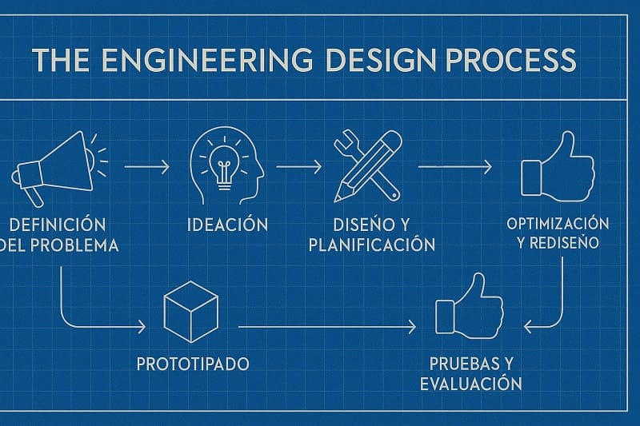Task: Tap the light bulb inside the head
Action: coord(223,167)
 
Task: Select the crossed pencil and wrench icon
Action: coord(367,166)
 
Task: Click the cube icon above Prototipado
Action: coord(191,312)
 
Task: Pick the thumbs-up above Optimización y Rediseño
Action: coord(558,167)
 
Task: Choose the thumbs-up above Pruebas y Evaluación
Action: coord(470,306)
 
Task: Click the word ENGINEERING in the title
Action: coord(207,60)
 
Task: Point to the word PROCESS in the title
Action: coord(510,60)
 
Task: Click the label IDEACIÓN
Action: coord(228,225)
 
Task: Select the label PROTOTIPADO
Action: coord(193,364)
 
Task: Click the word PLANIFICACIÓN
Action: coord(372,245)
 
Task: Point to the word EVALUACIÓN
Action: coord(471,383)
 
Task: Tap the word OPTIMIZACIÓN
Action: coord(558,224)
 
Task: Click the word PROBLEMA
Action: coord(74,245)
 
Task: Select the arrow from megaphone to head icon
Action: coord(146,167)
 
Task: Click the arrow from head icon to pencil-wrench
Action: coord(298,167)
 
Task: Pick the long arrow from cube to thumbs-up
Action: coord(327,327)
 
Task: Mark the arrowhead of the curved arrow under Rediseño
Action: coord(527,327)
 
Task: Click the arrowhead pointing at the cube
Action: coord(142,327)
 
